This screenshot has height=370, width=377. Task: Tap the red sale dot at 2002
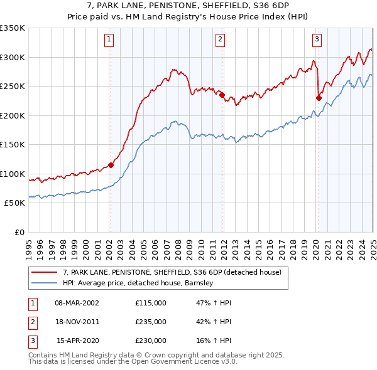pos(111,165)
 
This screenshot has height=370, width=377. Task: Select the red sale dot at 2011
pos(222,95)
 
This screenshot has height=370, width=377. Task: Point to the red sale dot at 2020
pos(319,98)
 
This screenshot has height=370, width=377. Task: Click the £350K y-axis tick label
pos(13,28)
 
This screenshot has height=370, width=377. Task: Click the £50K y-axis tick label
pos(14,203)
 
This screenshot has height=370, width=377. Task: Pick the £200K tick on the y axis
pos(13,115)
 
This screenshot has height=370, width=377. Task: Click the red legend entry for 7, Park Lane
pos(175,272)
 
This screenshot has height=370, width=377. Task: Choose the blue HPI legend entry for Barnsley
pos(138,283)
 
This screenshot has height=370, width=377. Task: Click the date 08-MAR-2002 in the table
pos(77,303)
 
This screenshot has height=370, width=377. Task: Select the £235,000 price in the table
pos(151,322)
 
